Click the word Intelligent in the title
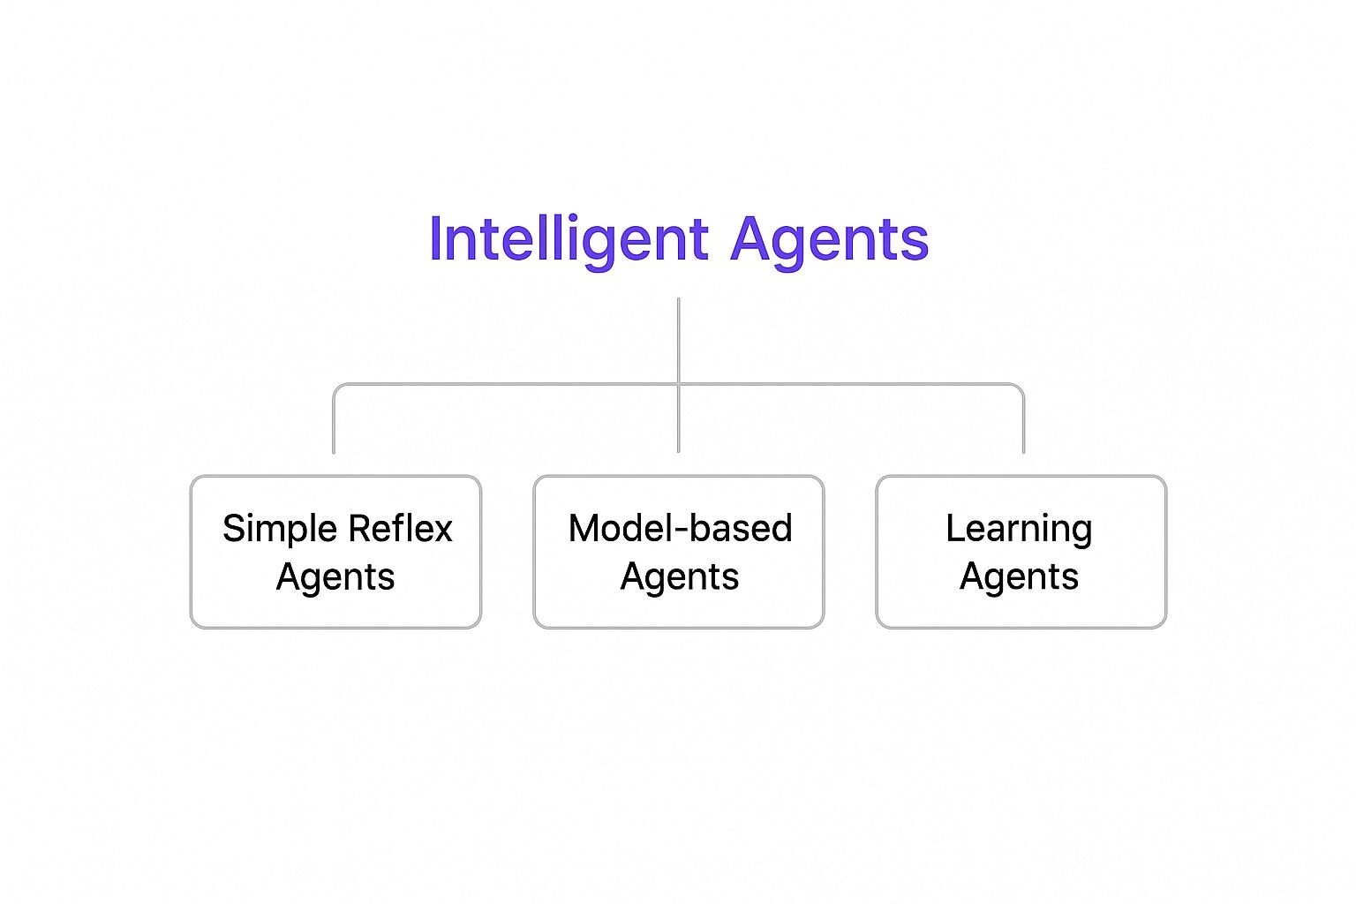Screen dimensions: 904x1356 point(569,239)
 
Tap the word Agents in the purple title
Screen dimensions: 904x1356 point(829,239)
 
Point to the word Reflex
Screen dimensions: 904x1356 point(401,529)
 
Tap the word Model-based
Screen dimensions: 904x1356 point(680,529)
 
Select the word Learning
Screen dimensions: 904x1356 point(1019,529)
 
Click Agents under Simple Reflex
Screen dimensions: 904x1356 point(335,577)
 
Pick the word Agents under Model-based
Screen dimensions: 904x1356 point(680,577)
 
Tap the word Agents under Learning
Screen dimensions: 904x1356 point(1019,577)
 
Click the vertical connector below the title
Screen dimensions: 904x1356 point(678,340)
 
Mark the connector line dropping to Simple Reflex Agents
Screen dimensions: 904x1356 point(334,424)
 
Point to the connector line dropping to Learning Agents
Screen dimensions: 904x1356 point(1023,424)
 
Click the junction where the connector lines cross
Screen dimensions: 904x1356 point(678,384)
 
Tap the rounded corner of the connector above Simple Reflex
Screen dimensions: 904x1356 point(337,388)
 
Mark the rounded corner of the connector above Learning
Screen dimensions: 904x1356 point(1020,388)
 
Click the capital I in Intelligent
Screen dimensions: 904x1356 point(434,239)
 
